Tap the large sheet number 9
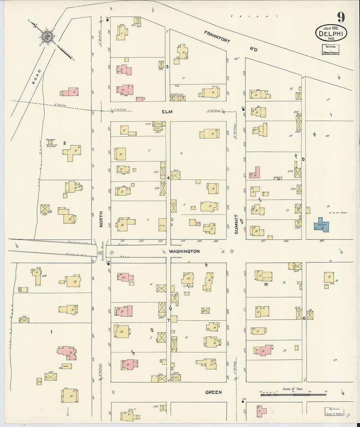click(341, 17)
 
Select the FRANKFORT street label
click(217, 37)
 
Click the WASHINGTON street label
click(184, 252)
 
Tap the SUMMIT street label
click(236, 224)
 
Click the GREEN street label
click(213, 392)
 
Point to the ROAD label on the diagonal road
click(36, 77)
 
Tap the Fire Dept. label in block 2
click(50, 139)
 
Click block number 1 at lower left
click(51, 332)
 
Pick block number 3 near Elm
click(167, 67)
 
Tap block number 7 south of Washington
click(168, 320)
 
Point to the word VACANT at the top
click(254, 16)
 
